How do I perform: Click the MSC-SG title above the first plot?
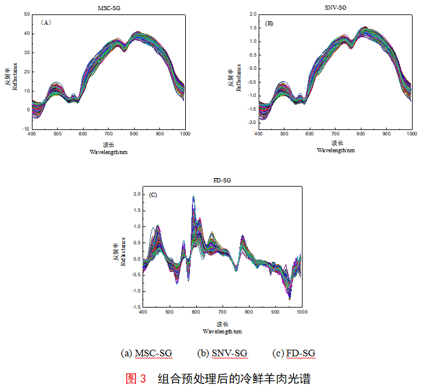point(108,7)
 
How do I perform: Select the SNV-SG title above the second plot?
point(335,7)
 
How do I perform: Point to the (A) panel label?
point(46,22)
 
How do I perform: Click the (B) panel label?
point(269,23)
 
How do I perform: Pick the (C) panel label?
point(153,194)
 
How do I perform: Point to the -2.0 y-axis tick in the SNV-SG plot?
point(250,123)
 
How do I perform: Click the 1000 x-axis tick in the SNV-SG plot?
point(411,133)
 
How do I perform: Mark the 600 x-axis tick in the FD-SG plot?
point(196,312)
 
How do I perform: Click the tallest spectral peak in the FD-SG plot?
point(194,197)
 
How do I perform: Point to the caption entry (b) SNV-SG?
point(222,353)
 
